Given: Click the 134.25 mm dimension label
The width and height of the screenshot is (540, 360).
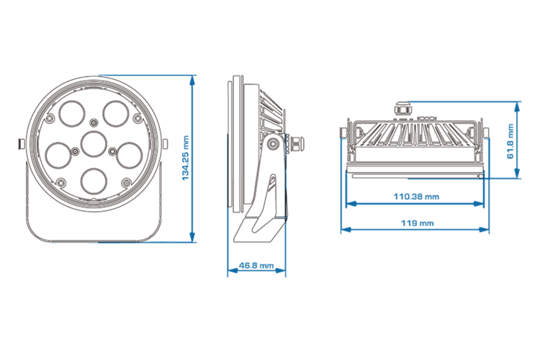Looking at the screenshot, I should [185, 158].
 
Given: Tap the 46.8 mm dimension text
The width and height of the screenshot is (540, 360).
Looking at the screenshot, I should [256, 266].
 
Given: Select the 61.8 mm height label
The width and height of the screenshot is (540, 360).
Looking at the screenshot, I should [510, 141].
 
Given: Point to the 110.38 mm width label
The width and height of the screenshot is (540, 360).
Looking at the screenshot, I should [416, 196].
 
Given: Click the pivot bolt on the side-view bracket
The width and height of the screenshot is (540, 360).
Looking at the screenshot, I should [274, 144].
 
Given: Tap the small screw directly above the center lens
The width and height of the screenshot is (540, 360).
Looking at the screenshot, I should [94, 120].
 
